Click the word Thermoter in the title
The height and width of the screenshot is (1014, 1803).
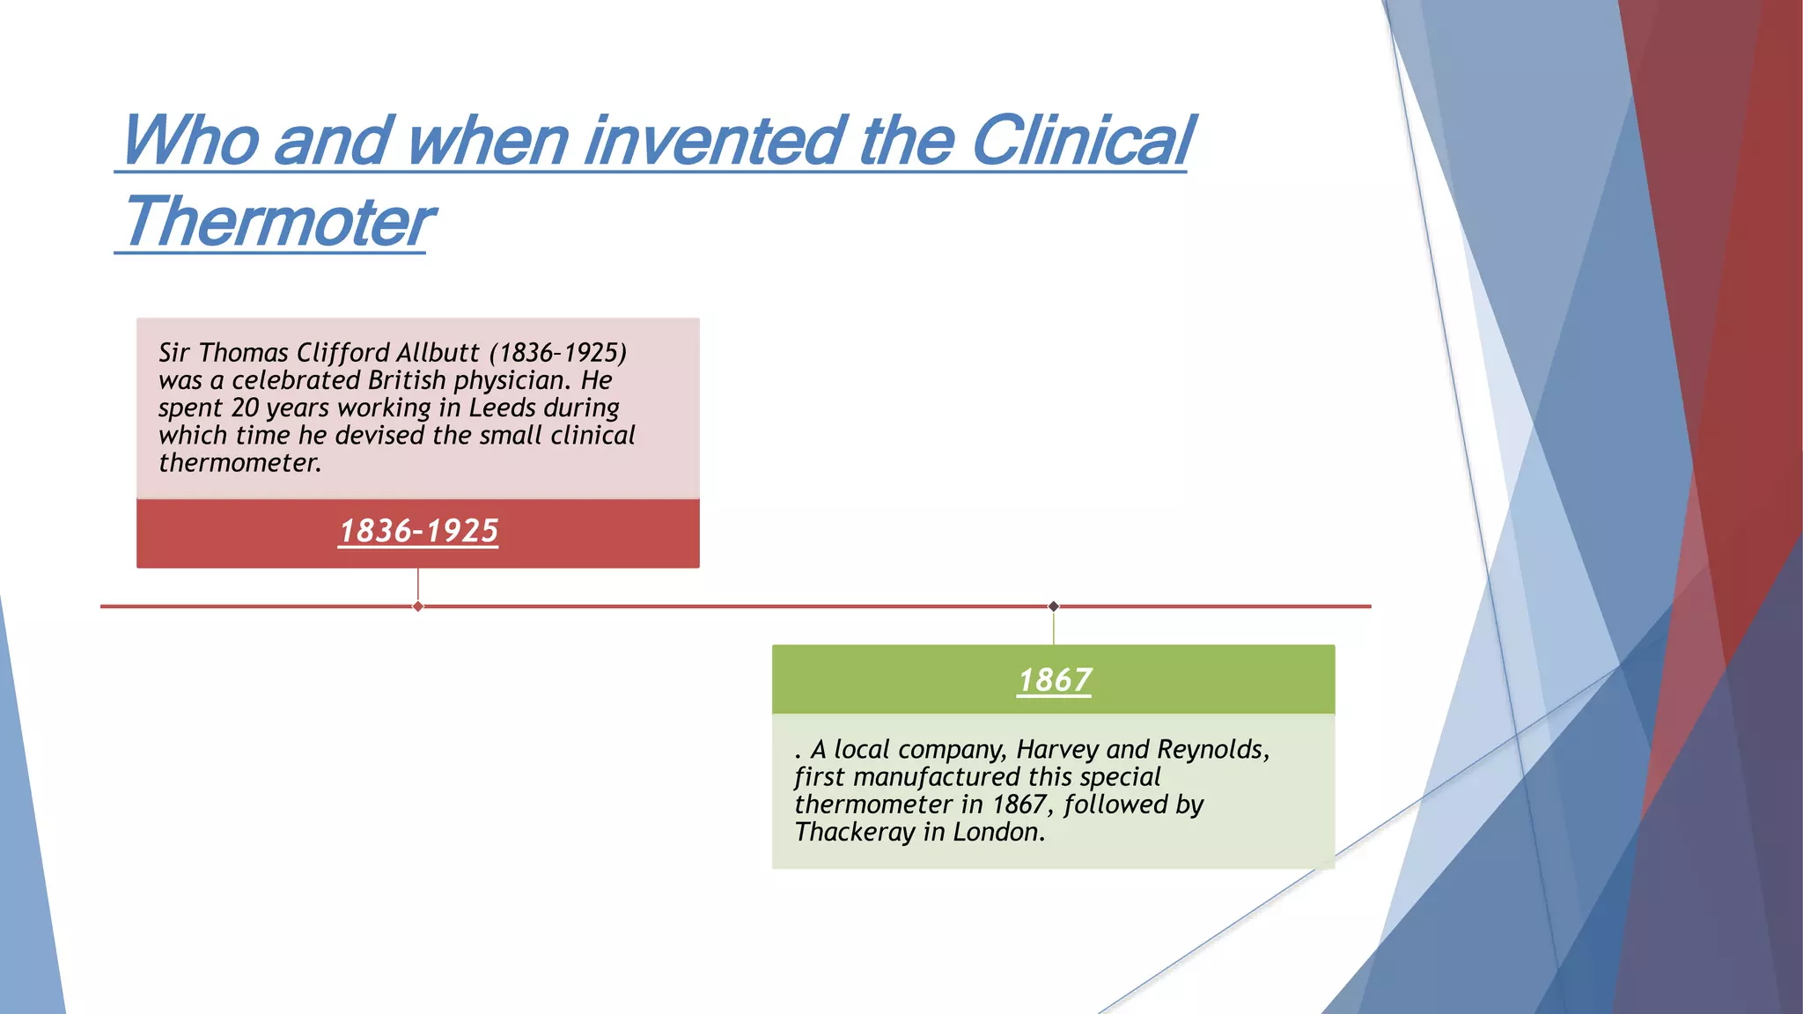click(x=278, y=222)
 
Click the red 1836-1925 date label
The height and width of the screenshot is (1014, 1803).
click(x=418, y=532)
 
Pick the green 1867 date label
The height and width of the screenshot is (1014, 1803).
click(x=1054, y=680)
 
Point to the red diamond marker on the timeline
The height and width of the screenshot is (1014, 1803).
click(x=418, y=606)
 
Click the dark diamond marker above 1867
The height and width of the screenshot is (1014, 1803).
click(x=1054, y=606)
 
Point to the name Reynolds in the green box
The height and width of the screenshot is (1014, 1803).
click(x=1211, y=750)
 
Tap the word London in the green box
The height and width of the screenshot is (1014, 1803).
click(x=998, y=833)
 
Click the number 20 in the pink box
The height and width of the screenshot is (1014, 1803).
click(x=245, y=408)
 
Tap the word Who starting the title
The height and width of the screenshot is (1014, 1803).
click(x=190, y=141)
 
